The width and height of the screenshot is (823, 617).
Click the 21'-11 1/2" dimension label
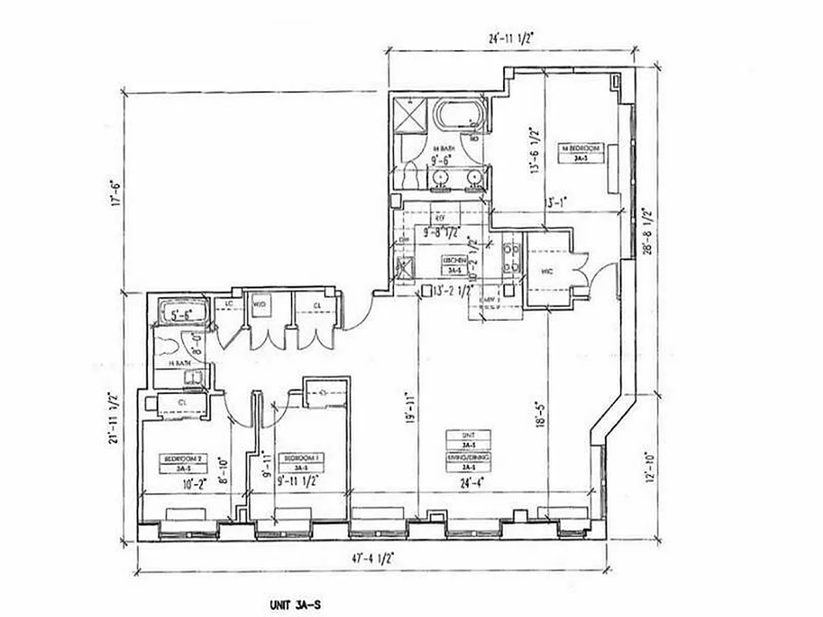click(115, 426)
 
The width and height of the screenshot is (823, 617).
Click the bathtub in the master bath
click(461, 118)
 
